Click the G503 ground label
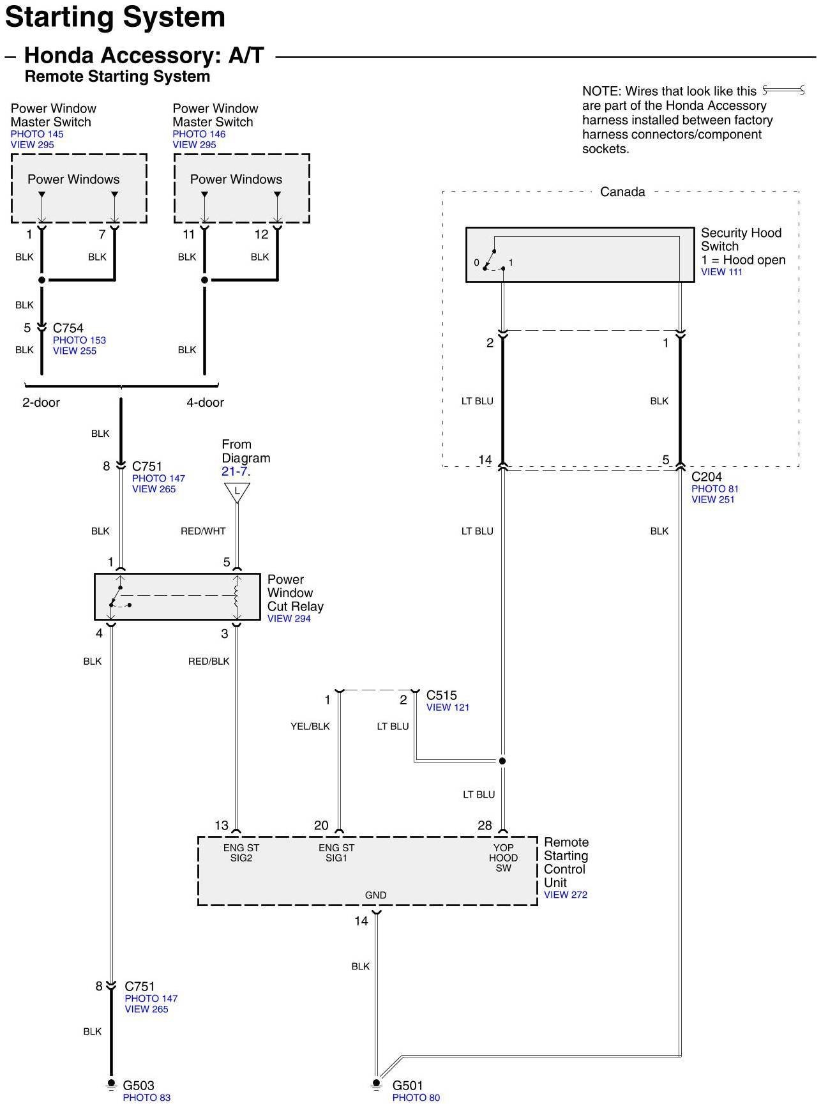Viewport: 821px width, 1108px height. (139, 1085)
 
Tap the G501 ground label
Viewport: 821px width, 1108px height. (407, 1085)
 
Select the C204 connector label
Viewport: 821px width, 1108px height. (707, 476)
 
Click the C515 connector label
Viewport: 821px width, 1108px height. (442, 695)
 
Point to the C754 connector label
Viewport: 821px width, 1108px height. (68, 328)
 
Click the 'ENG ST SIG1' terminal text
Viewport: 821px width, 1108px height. (336, 853)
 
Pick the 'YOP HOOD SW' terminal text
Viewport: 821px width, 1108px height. (503, 858)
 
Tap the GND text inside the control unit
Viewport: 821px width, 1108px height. (375, 895)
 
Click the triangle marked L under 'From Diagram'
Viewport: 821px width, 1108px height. (237, 491)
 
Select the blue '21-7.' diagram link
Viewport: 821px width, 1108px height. (236, 471)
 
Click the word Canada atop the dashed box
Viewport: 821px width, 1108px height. (622, 192)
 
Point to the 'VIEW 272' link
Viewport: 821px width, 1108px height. (565, 895)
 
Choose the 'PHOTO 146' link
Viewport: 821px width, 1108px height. (199, 134)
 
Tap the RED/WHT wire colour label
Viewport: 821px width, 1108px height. (203, 531)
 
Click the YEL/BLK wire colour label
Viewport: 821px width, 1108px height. (310, 726)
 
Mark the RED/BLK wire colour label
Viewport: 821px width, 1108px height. (209, 661)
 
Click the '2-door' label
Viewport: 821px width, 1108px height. (41, 402)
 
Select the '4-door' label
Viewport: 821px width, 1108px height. (205, 402)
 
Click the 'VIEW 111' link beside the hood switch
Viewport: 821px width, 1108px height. (721, 272)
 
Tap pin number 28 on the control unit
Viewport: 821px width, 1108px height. (485, 826)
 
